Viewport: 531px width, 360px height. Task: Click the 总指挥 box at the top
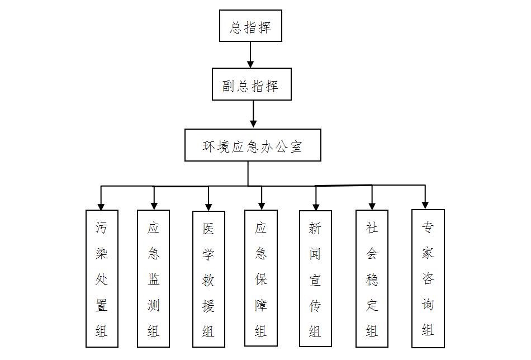click(250, 26)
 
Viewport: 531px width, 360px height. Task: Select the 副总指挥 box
click(252, 84)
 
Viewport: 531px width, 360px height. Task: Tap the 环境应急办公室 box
click(253, 145)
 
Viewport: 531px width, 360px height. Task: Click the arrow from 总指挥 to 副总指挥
click(250, 55)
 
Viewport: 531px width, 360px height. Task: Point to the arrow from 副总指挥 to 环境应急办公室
click(253, 115)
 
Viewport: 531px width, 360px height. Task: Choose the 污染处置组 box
click(102, 278)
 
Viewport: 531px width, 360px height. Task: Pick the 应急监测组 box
click(154, 278)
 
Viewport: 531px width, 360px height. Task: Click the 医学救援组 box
click(208, 279)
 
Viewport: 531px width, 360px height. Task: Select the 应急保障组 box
click(261, 278)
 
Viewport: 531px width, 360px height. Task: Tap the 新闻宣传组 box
click(315, 278)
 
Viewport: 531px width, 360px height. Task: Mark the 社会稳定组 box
click(372, 278)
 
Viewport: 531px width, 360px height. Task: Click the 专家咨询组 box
click(428, 278)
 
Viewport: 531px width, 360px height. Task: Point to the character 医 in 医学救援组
click(208, 229)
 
